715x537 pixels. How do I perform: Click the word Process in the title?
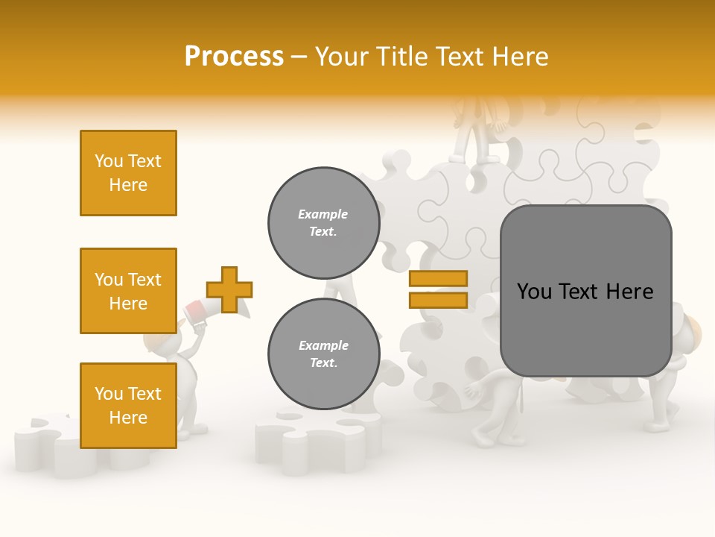coord(234,57)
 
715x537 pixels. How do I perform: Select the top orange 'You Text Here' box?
coord(128,173)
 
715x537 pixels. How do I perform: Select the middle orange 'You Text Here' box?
coord(128,291)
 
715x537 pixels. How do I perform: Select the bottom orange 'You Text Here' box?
coord(128,405)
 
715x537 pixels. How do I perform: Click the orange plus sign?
coord(229,289)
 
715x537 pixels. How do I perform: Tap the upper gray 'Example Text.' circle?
coord(323,223)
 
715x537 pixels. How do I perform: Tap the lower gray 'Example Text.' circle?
coord(323,354)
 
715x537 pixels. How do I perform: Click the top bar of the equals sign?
coord(438,278)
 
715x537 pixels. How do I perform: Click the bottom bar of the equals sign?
coord(438,300)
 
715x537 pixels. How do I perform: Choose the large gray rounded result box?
coord(585,291)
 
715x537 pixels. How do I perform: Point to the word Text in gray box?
coord(581,292)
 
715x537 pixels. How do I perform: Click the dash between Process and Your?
coord(299,57)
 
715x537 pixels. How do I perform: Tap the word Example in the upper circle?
coord(323,214)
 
